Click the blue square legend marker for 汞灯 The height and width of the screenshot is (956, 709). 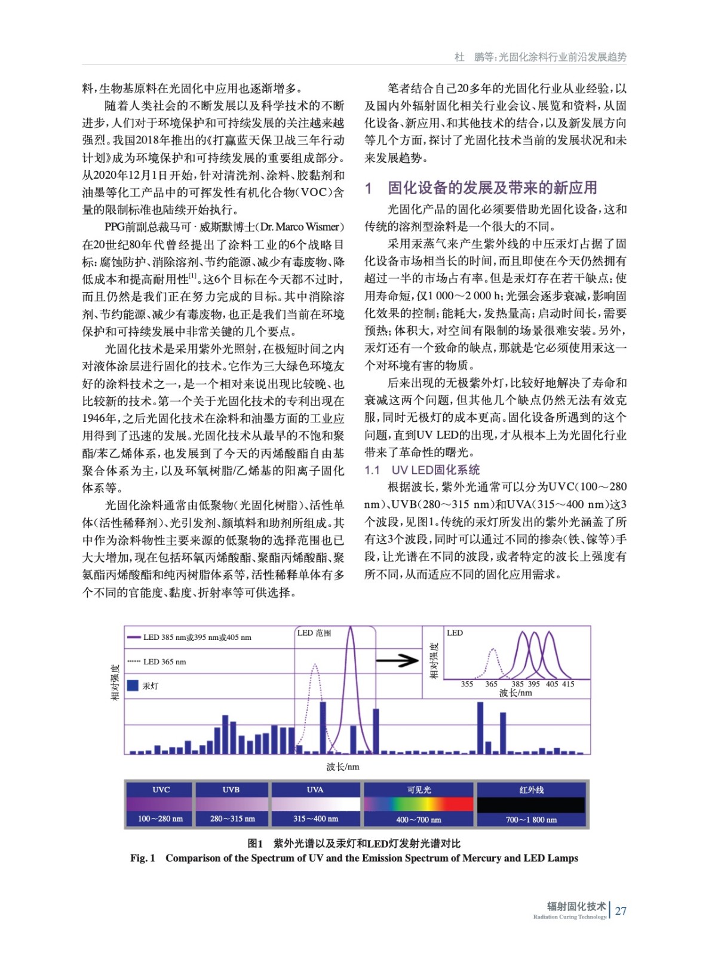(x=133, y=685)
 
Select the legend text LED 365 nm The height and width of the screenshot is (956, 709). (x=164, y=661)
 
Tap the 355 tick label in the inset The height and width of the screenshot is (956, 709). (x=467, y=684)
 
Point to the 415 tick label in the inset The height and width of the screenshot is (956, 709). (x=568, y=684)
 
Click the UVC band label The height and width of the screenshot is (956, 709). (x=161, y=789)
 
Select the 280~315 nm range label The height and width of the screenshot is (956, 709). (x=232, y=819)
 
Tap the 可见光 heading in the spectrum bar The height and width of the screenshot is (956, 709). (x=419, y=789)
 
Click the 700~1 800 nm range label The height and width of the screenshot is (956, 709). (x=531, y=819)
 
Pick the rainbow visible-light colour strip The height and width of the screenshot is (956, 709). (x=419, y=804)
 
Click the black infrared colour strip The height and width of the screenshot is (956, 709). (x=531, y=804)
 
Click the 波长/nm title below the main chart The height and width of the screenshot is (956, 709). (x=343, y=767)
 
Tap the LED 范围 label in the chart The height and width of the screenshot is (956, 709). (x=314, y=633)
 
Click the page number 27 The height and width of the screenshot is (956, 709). (x=621, y=911)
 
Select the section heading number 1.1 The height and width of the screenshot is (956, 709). (x=372, y=470)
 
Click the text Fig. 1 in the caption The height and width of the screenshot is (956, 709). (x=143, y=858)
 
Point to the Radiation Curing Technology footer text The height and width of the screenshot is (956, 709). (x=569, y=917)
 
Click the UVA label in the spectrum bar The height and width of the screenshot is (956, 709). (x=315, y=789)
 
